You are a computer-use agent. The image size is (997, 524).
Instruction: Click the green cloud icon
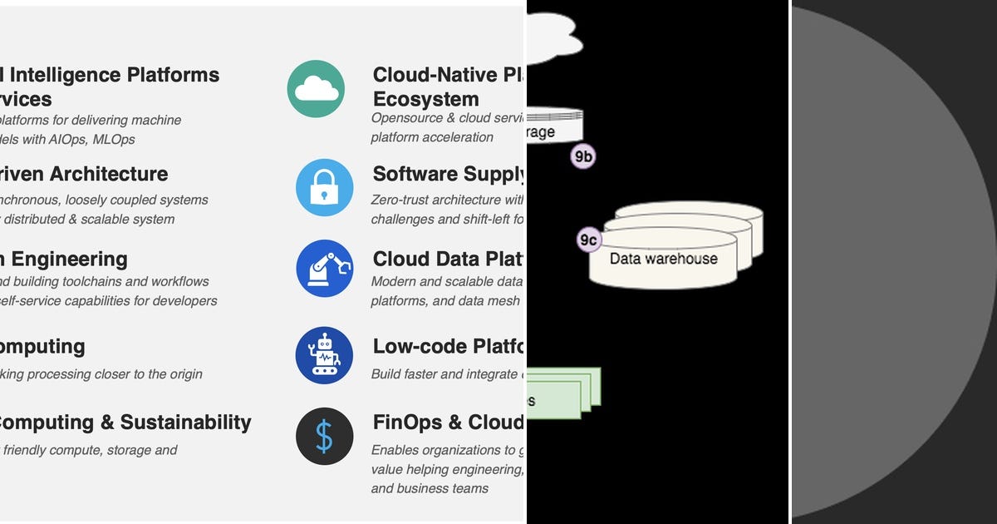click(316, 88)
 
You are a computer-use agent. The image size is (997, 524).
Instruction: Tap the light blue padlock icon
click(324, 188)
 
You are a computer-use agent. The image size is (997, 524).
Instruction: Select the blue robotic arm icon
click(324, 269)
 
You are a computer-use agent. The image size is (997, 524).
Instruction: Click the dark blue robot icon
click(324, 355)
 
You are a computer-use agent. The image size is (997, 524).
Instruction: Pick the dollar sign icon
click(324, 436)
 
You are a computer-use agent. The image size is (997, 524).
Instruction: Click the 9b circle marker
click(583, 156)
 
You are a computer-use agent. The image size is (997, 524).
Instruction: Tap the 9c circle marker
click(588, 240)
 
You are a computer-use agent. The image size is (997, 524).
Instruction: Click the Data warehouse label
click(663, 259)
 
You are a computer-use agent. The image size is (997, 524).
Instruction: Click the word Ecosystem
click(425, 99)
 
